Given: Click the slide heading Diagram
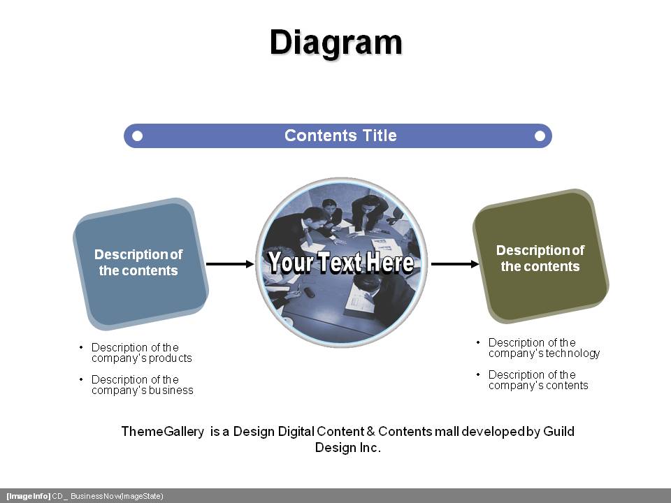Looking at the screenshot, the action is [x=336, y=43].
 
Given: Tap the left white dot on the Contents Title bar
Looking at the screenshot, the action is [x=138, y=136].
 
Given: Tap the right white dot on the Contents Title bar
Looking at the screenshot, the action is [x=540, y=136].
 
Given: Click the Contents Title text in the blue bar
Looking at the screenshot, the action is [x=340, y=136].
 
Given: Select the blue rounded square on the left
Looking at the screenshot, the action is [x=140, y=264].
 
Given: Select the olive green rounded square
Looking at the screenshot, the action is [x=541, y=256].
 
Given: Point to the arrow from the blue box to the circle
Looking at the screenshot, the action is [x=230, y=264].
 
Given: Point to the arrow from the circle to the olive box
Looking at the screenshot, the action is [x=455, y=264].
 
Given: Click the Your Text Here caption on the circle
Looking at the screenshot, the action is [x=341, y=262].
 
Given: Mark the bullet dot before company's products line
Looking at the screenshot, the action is [x=81, y=347].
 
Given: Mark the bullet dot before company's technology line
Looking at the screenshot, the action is [x=478, y=342].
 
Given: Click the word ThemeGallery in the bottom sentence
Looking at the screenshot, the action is [x=163, y=432].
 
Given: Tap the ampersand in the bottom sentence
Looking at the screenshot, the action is [x=370, y=432].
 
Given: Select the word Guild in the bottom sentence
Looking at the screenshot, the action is [x=559, y=431].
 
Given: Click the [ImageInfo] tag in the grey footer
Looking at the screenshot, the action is [x=28, y=496].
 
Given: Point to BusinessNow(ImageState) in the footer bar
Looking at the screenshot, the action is [x=117, y=496].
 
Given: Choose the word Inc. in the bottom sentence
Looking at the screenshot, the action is [x=370, y=448].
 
